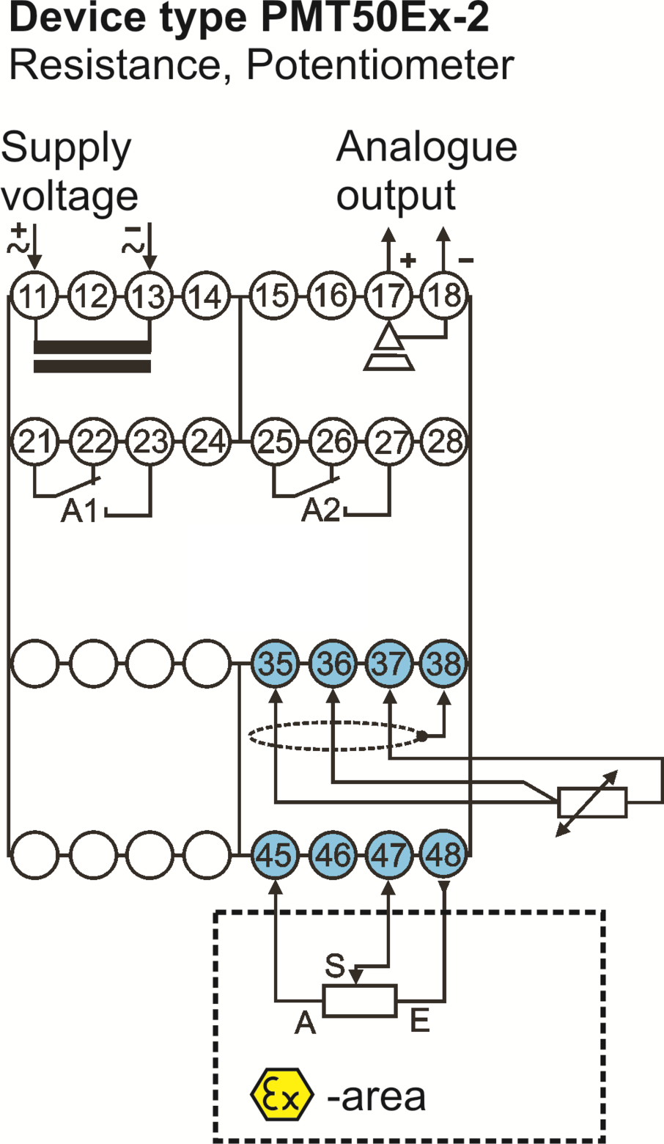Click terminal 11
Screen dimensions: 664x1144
34,296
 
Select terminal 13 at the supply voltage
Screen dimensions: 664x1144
150,296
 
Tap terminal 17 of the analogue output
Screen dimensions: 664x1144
389,296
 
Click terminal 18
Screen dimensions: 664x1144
445,296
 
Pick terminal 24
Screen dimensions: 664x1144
207,441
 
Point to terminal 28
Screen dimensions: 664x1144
445,441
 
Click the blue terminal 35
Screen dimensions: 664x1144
275,664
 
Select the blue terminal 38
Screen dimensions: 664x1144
445,664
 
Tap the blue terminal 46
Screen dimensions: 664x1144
333,854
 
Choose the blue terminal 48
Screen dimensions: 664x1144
445,854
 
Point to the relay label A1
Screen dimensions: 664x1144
79,510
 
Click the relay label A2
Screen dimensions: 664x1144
321,510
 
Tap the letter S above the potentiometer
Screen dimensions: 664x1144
335,964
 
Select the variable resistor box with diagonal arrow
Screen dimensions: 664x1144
593,803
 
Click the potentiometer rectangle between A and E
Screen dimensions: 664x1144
360,1000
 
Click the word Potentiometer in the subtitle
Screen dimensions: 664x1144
380,65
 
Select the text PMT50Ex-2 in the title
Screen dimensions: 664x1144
375,18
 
